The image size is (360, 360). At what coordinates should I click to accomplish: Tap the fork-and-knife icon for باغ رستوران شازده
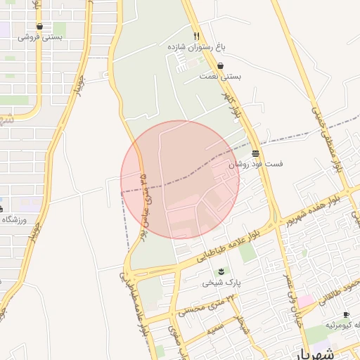[197, 36]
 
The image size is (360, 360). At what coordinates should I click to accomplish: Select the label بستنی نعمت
[220, 75]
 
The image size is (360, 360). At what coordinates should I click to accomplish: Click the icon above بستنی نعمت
[221, 65]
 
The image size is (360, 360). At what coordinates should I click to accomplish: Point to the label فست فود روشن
[255, 163]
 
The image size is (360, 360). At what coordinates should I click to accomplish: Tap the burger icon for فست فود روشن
[255, 153]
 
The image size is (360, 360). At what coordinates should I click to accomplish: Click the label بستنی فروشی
[40, 37]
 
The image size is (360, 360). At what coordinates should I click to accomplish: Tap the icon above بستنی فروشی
[39, 27]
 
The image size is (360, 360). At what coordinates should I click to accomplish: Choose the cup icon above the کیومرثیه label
[345, 314]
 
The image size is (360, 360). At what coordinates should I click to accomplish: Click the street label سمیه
[214, 327]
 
